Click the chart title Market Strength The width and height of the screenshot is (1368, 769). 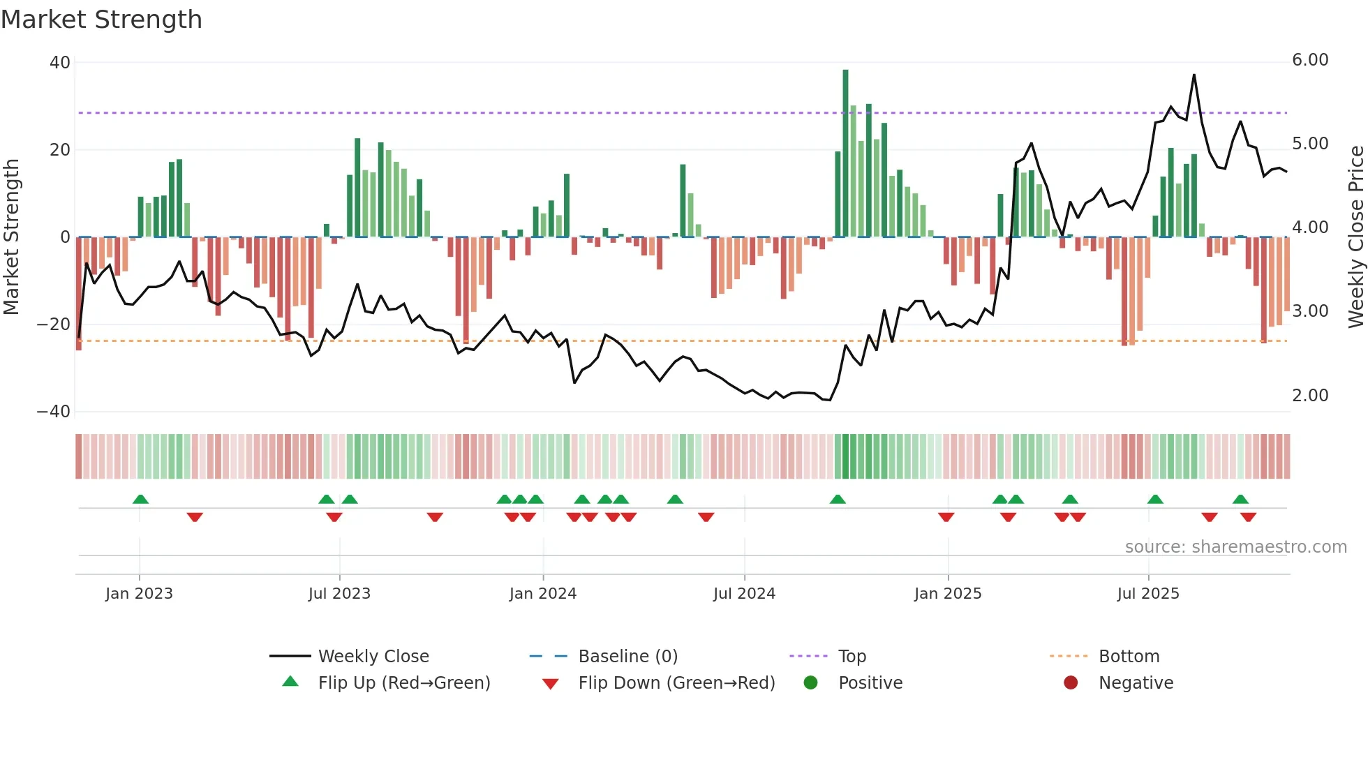pyautogui.click(x=101, y=20)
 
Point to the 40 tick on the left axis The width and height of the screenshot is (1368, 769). pyautogui.click(x=60, y=63)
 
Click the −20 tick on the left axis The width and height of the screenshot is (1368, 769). pyautogui.click(x=54, y=324)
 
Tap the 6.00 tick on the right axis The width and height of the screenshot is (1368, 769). pyautogui.click(x=1310, y=60)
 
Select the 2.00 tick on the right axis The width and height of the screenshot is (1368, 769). pyautogui.click(x=1310, y=396)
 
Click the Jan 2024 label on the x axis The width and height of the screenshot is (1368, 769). pyautogui.click(x=543, y=594)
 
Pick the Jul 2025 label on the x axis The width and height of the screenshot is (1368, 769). pyautogui.click(x=1148, y=594)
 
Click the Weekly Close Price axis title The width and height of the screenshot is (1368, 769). pyautogui.click(x=1355, y=237)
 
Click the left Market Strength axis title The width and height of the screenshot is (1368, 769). pyautogui.click(x=12, y=237)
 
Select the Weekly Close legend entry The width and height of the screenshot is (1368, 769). pyautogui.click(x=373, y=657)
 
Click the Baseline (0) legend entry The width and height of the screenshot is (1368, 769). pyautogui.click(x=627, y=657)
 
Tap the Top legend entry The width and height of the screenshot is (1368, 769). pyautogui.click(x=852, y=657)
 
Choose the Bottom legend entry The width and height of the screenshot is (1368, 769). pyautogui.click(x=1129, y=657)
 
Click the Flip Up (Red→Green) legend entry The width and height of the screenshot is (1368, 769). pyautogui.click(x=404, y=683)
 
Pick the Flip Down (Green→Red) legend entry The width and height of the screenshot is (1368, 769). pyautogui.click(x=676, y=683)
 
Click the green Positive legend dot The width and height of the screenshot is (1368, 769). pyautogui.click(x=810, y=683)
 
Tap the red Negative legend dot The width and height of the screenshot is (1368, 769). pyautogui.click(x=1071, y=683)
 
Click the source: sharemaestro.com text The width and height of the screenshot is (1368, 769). pyautogui.click(x=1235, y=547)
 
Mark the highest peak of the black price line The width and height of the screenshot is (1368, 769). pyautogui.click(x=1194, y=75)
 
